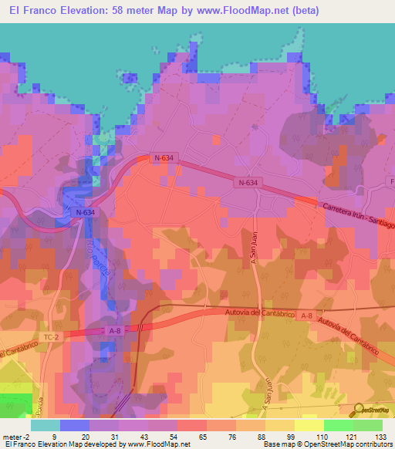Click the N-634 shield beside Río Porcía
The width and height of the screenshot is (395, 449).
(85, 211)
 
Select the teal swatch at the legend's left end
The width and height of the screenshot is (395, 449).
(45, 425)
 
